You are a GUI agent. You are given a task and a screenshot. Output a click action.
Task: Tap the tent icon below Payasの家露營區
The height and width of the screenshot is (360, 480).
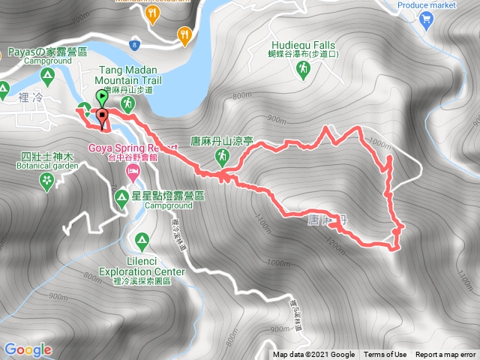click(x=46, y=75)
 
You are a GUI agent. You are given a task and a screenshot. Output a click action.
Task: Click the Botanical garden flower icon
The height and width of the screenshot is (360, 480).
click(x=47, y=179)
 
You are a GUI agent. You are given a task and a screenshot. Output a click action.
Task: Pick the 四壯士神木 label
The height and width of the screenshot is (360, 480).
click(x=46, y=157)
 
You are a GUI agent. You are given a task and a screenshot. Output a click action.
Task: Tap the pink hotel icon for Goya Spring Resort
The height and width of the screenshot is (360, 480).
click(x=132, y=173)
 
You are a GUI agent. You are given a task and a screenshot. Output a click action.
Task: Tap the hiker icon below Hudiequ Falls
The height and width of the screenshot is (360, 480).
click(x=303, y=70)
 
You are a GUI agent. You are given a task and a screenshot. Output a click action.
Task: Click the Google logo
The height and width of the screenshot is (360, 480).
click(x=28, y=349)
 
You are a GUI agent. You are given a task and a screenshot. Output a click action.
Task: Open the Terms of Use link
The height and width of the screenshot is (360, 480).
click(x=385, y=355)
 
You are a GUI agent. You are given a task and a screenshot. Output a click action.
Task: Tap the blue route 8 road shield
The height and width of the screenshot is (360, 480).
click(x=133, y=45)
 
